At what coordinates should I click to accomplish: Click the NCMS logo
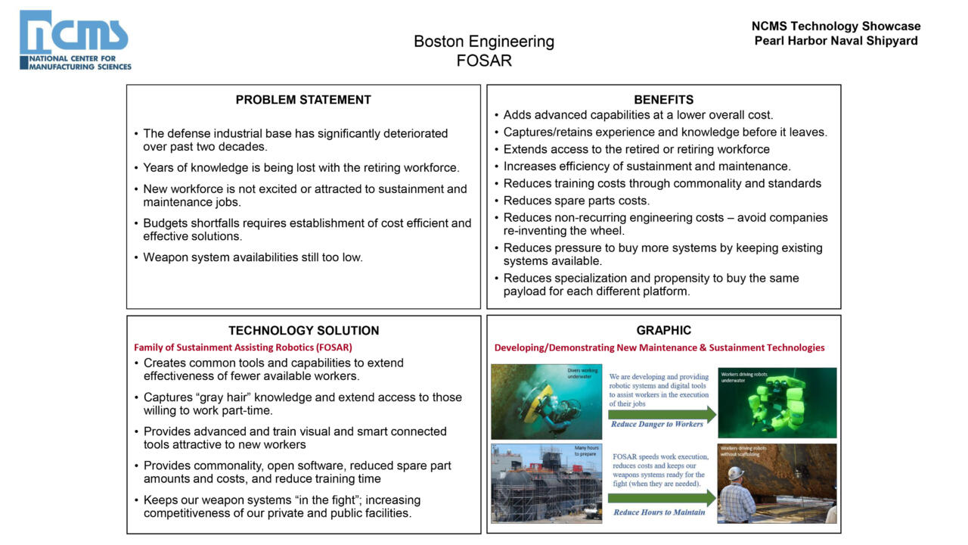75,40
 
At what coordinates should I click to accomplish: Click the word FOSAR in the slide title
484,61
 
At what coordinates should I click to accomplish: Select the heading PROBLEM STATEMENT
303,100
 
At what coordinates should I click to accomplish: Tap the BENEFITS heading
663,100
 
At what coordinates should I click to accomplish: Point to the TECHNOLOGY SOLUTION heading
303,331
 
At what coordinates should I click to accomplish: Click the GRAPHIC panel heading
663,331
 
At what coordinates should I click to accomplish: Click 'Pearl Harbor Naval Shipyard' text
836,41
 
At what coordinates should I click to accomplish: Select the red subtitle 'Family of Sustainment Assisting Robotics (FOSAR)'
243,347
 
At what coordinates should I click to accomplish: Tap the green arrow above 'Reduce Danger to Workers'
662,414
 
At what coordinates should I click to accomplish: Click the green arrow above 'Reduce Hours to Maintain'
662,498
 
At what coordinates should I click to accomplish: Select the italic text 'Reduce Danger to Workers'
657,425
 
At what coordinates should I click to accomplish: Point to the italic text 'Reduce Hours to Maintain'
659,512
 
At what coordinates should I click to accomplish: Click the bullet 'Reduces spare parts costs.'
576,201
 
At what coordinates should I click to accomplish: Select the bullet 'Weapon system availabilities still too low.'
253,257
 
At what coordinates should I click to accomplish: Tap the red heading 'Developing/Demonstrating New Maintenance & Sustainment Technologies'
659,348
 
